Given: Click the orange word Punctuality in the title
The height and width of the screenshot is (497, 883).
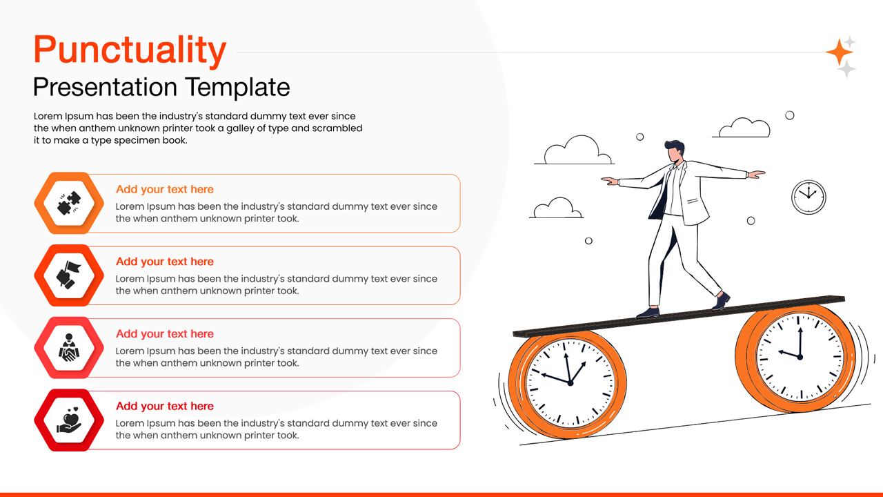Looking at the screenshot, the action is click(x=130, y=50).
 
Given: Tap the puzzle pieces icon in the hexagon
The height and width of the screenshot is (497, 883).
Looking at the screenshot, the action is click(x=68, y=203).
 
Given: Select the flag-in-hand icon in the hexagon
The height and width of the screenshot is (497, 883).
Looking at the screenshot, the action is click(x=68, y=275).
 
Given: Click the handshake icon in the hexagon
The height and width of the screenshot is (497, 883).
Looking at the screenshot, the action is click(x=68, y=348).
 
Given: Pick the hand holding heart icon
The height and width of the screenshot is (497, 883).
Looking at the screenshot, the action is click(x=68, y=420).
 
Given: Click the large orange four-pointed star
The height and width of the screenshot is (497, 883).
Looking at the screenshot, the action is click(x=839, y=52).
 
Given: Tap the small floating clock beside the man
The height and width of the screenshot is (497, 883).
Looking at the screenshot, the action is click(x=808, y=197).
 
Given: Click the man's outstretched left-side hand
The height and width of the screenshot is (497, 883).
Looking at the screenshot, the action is click(x=610, y=181).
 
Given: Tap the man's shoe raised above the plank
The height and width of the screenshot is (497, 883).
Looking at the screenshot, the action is click(x=721, y=301).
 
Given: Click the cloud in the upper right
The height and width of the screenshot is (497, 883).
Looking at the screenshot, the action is click(x=742, y=128).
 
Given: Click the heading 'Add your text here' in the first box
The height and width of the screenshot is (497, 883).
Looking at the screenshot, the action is click(x=164, y=189).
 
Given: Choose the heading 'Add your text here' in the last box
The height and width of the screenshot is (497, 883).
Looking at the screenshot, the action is click(x=164, y=406).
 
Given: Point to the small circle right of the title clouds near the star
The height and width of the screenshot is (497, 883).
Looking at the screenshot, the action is click(x=790, y=115).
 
